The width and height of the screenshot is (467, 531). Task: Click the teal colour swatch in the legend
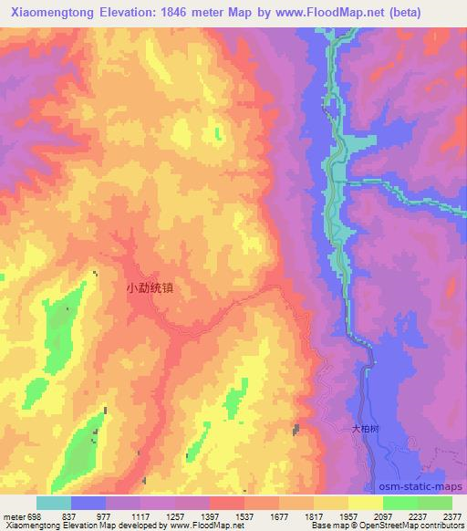click(x=54, y=503)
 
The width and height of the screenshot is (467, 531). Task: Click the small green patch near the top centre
click(x=217, y=134)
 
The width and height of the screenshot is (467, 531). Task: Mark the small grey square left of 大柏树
click(x=296, y=430)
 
